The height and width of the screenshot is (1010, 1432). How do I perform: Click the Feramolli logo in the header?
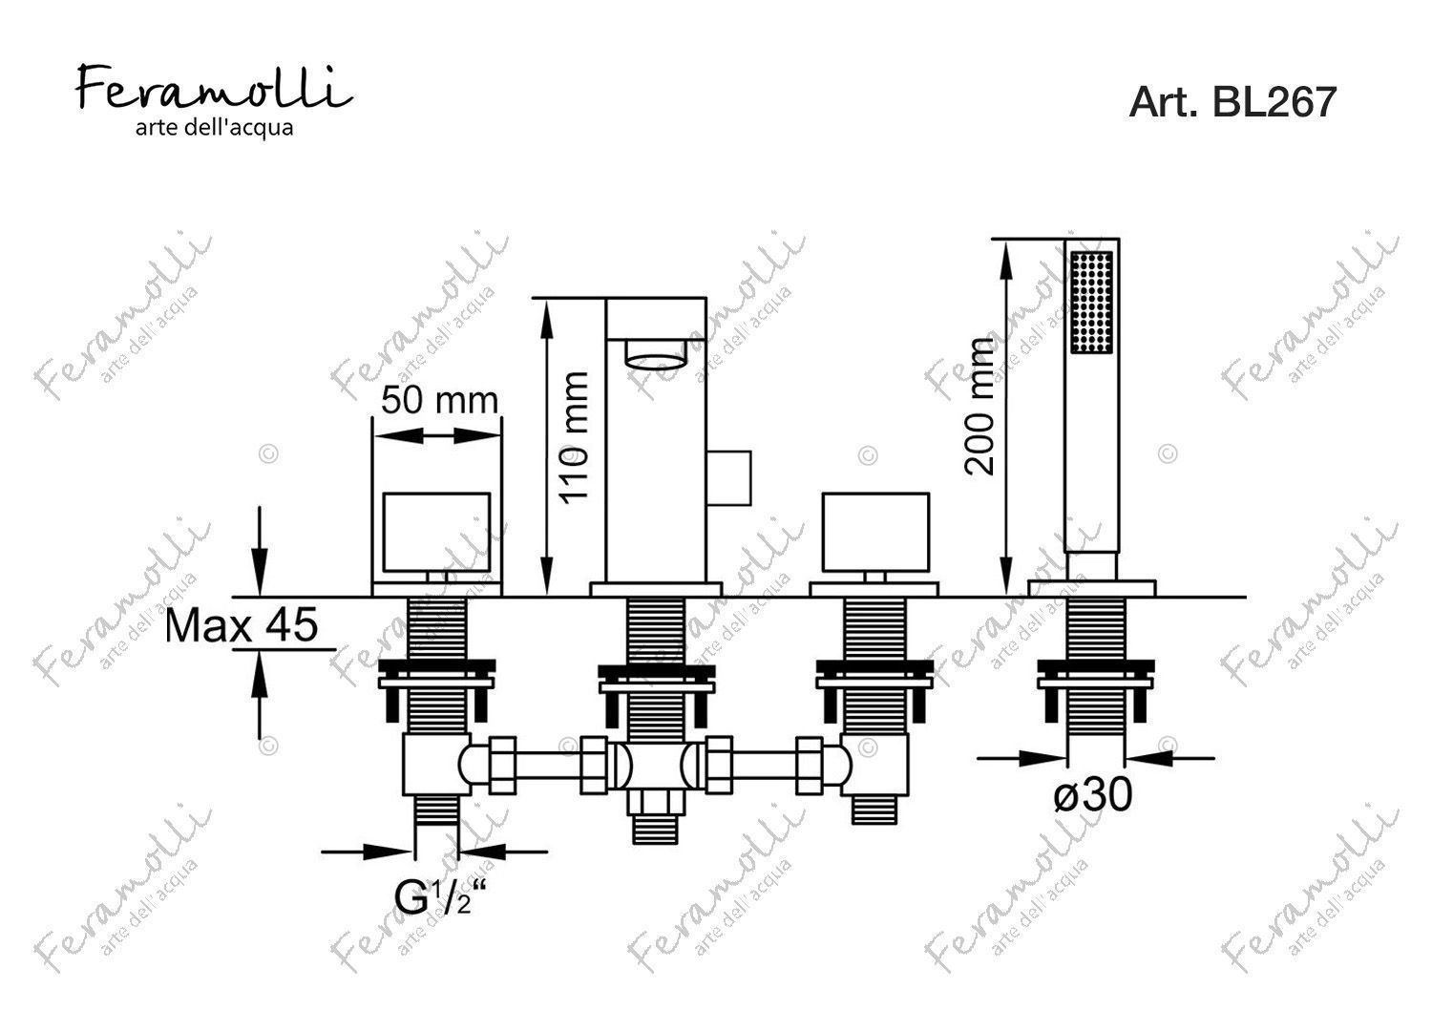tap(214, 89)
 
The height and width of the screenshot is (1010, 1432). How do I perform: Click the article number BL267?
tap(1274, 102)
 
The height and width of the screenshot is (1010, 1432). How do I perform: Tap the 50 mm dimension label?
tap(440, 401)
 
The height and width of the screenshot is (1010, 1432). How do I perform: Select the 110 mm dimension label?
tap(573, 438)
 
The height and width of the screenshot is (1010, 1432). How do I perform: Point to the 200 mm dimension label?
tap(980, 407)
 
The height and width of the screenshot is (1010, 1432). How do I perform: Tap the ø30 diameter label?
tap(1092, 794)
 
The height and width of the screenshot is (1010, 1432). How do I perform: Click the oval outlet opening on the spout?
tap(656, 355)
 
